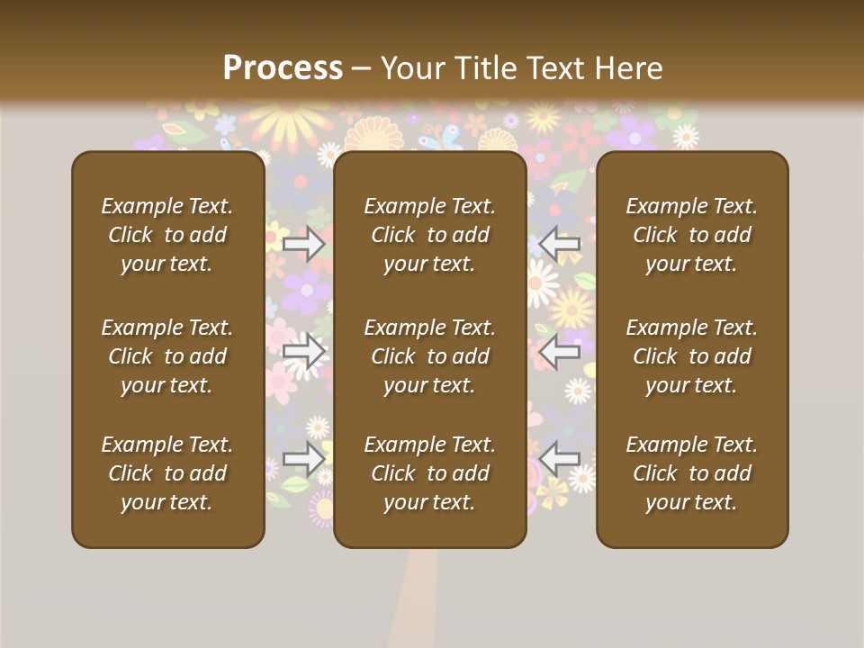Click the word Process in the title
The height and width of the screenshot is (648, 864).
click(x=283, y=68)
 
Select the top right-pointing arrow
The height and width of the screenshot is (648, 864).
click(x=304, y=244)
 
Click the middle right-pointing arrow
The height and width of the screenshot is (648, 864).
click(x=304, y=352)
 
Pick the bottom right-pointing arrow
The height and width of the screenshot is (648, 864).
click(x=304, y=458)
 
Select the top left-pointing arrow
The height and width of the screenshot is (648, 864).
click(x=560, y=244)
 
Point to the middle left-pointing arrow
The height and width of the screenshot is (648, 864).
click(x=560, y=352)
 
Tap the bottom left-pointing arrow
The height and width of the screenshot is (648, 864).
click(x=560, y=458)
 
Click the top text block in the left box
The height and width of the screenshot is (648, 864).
click(x=167, y=235)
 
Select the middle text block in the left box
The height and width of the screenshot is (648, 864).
click(x=167, y=356)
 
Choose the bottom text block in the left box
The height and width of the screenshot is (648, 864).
click(x=167, y=473)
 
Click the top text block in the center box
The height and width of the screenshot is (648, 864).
click(x=430, y=235)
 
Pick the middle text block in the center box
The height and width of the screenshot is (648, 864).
click(x=430, y=356)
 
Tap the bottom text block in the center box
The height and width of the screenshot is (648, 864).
click(x=430, y=473)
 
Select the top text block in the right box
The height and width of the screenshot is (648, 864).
click(x=692, y=235)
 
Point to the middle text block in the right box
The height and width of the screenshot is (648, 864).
click(x=692, y=356)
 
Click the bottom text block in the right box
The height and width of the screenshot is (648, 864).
click(x=692, y=473)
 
